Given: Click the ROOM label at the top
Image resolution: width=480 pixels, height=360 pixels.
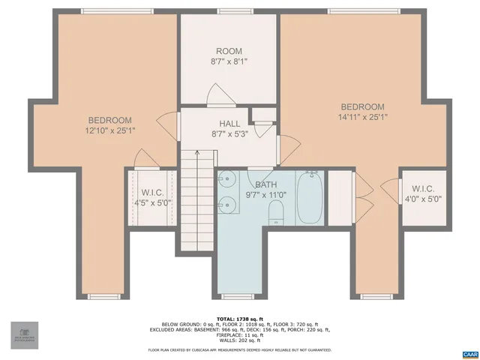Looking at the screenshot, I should [229, 51].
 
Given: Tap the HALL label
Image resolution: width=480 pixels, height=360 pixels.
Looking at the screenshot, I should [229, 123].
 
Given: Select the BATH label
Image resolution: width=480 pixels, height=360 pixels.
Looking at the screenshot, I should [265, 184].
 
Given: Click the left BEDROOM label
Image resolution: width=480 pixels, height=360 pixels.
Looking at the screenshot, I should [109, 120].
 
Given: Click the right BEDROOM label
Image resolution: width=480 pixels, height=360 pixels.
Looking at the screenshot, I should [362, 107].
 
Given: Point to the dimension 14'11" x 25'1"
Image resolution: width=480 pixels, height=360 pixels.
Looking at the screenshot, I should [362, 117].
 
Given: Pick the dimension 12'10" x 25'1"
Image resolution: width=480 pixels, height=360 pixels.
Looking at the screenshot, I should [110, 130].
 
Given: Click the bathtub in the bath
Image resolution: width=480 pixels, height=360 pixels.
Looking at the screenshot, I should [309, 198].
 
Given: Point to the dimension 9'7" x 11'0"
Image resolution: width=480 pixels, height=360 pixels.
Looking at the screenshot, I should [265, 194].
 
